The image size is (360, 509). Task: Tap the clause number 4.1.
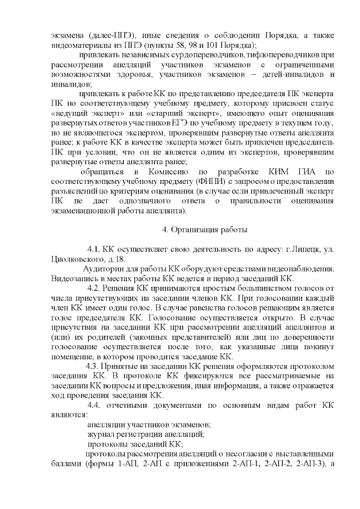(x=93, y=249)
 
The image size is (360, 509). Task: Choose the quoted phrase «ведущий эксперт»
(x=83, y=114)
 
